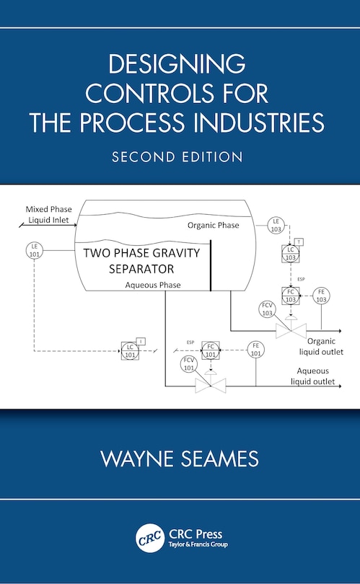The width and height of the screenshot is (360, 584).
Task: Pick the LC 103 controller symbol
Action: pyautogui.click(x=290, y=253)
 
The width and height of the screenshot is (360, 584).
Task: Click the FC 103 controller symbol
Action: pyautogui.click(x=290, y=295)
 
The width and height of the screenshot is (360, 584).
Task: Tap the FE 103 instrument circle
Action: pyautogui.click(x=322, y=295)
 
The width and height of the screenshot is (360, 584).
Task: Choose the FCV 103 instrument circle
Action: pyautogui.click(x=267, y=309)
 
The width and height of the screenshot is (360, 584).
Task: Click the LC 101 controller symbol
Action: pyautogui.click(x=131, y=351)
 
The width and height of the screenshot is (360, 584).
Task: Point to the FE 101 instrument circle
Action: pyautogui.click(x=255, y=350)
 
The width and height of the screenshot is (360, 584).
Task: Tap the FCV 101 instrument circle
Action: pyautogui.click(x=189, y=363)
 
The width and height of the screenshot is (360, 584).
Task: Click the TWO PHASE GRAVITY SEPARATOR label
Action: pyautogui.click(x=141, y=261)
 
